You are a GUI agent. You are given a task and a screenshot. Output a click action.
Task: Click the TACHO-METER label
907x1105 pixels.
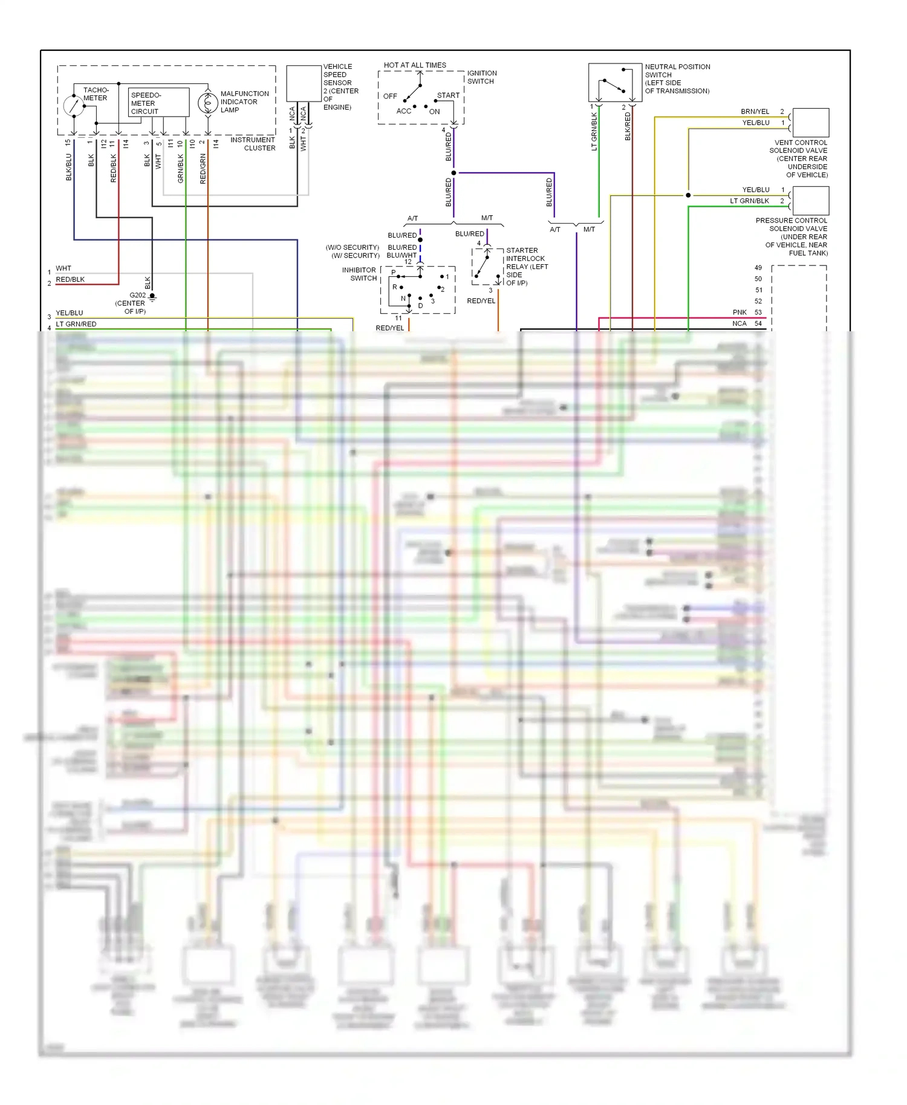point(96,94)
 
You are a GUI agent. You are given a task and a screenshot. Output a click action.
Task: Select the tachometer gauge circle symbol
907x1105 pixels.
point(73,106)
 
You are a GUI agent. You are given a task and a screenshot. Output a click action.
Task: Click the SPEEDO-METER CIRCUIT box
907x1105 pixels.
point(159,103)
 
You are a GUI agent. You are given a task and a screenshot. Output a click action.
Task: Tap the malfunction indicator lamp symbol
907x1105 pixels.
point(208,103)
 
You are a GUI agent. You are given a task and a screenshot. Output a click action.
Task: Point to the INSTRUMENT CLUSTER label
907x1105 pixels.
point(253,144)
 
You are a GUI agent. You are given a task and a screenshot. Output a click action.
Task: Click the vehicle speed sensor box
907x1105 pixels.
point(304,83)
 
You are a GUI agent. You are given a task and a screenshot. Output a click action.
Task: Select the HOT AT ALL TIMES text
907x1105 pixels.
point(415,65)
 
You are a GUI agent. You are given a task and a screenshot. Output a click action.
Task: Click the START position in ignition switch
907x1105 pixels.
point(448,96)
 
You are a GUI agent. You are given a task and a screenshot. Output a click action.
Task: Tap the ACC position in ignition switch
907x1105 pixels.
point(403,111)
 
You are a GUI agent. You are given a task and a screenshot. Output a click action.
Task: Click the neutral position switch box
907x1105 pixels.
point(615,82)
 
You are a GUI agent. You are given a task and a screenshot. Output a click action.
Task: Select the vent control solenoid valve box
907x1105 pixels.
point(810,123)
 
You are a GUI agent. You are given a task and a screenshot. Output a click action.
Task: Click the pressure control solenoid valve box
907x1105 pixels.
point(810,201)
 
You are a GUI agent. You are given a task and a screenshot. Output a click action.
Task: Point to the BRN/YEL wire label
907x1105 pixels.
point(755,112)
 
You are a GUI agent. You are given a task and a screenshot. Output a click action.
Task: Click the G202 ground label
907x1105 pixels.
point(137,296)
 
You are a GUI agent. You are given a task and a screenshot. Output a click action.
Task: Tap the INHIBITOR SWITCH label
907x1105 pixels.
point(359,274)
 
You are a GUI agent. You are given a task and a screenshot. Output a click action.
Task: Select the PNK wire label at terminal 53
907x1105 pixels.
point(740,313)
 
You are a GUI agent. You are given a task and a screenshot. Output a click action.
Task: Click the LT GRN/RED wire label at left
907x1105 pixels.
point(76,324)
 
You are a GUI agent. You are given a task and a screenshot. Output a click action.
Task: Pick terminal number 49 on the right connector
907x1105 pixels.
point(758,268)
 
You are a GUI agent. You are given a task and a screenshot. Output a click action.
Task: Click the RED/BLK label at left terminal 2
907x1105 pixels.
point(70,279)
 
